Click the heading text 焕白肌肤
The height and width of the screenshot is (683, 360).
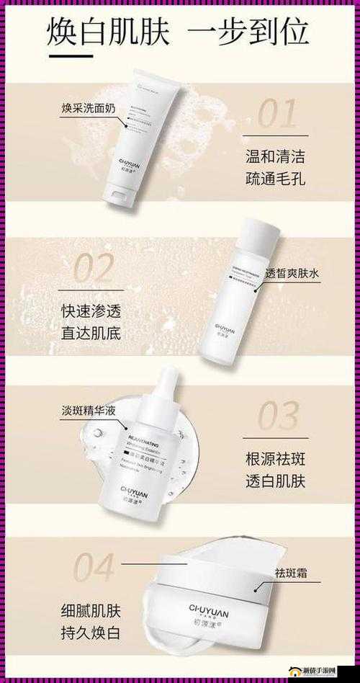tap(109, 32)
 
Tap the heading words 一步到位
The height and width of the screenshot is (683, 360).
tap(248, 32)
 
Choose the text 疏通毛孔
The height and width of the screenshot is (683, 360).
tap(274, 178)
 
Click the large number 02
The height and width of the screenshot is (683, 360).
tap(85, 269)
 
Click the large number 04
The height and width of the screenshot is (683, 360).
tap(84, 568)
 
